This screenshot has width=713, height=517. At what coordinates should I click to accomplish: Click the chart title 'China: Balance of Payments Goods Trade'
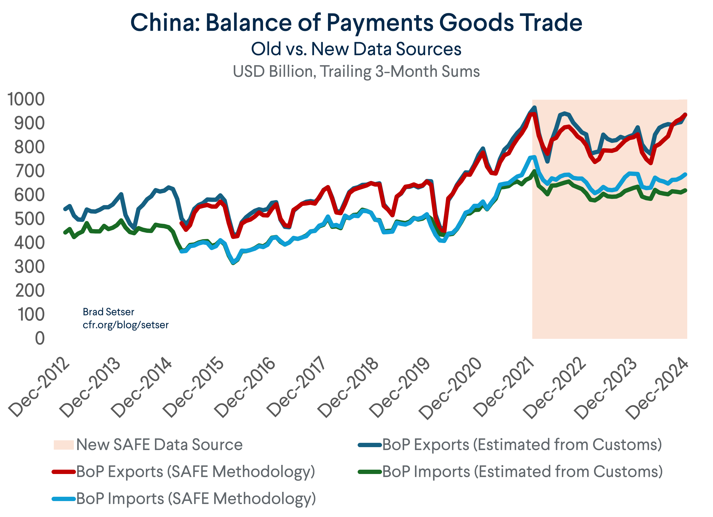tap(356, 23)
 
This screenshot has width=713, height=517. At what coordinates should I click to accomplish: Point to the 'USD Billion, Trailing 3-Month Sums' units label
tap(356, 72)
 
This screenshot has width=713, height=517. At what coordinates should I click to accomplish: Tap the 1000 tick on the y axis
tap(26, 99)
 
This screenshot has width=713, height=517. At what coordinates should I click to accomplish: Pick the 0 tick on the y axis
tap(40, 338)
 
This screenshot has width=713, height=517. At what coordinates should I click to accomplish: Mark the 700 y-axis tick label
tap(30, 171)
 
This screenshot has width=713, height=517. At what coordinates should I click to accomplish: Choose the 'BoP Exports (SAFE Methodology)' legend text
tap(196, 471)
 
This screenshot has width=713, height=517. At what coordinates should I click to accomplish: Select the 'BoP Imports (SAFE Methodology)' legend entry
tap(196, 499)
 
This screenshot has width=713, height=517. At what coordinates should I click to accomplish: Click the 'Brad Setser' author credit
tap(108, 312)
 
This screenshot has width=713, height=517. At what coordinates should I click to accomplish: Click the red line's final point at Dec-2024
tap(685, 115)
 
